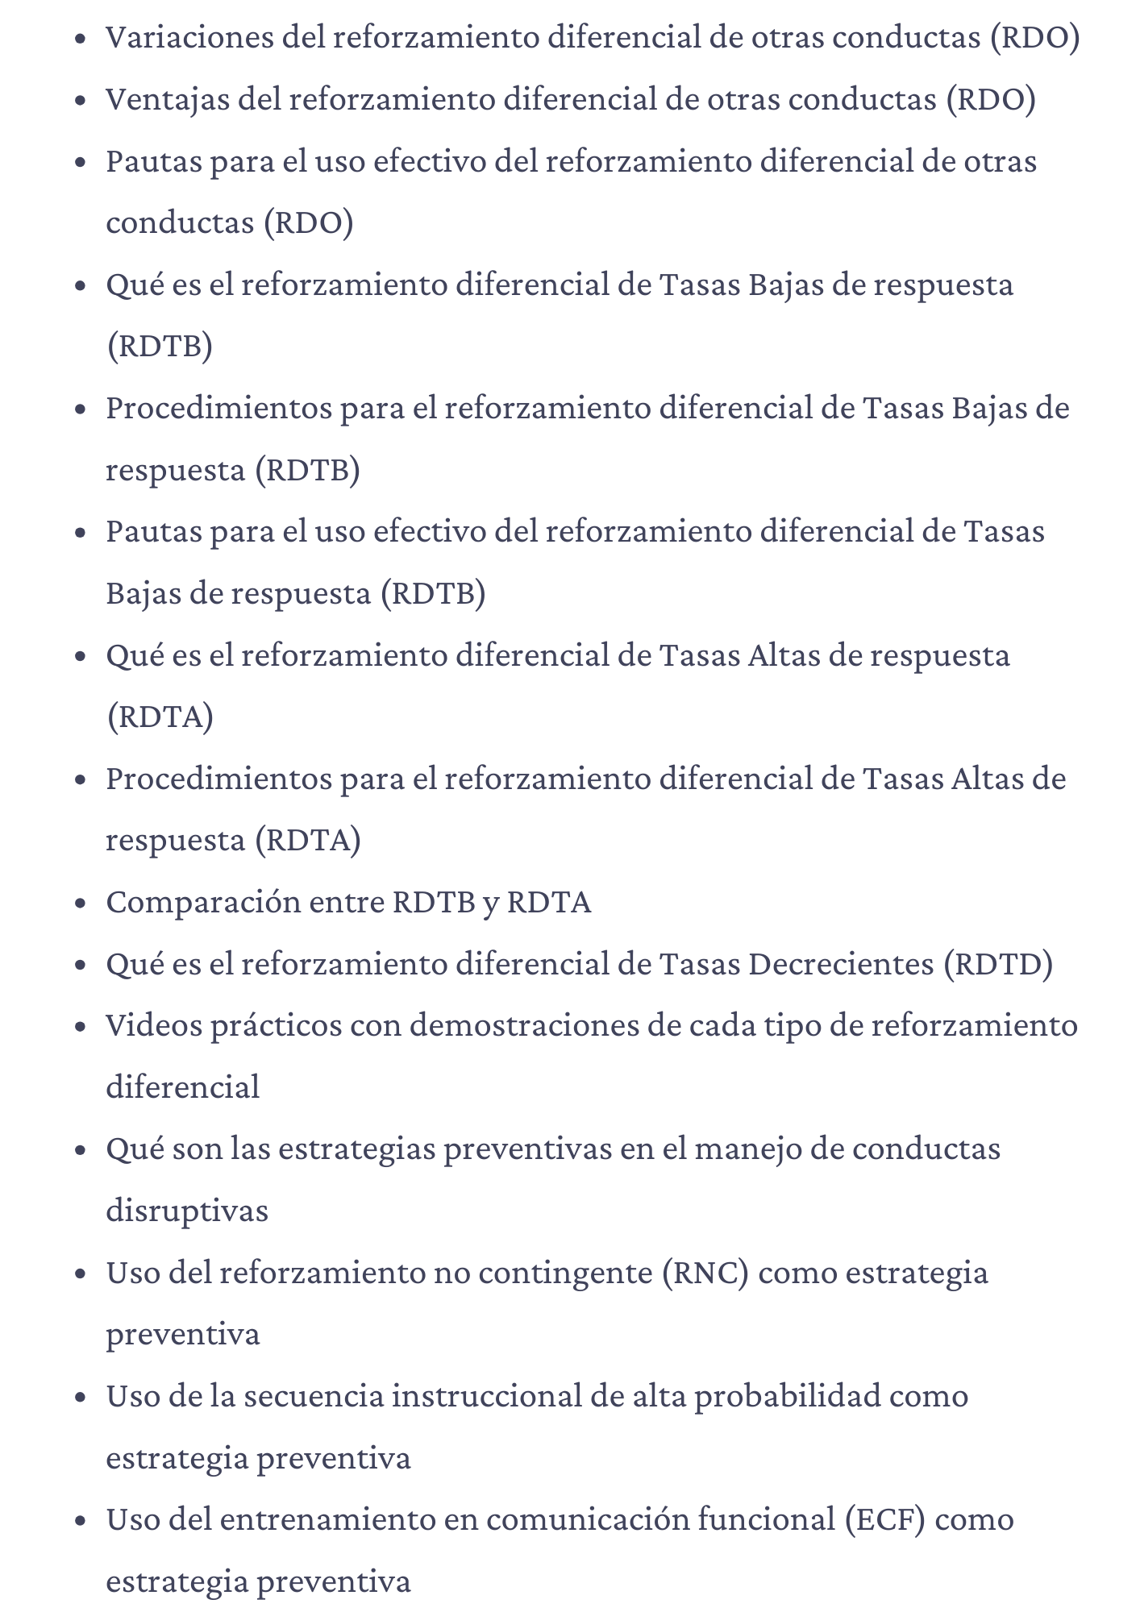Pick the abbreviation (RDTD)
coord(999,963)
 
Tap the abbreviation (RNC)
coord(705,1273)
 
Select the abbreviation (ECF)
coord(884,1519)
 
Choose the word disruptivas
coord(187,1211)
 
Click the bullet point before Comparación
coord(80,904)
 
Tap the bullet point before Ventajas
coord(80,101)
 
